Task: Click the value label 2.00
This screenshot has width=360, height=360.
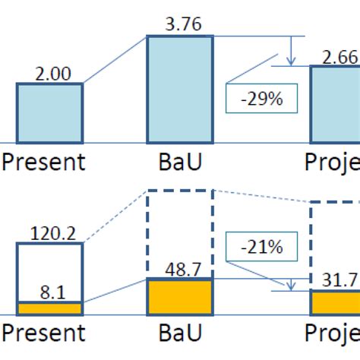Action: [49, 74]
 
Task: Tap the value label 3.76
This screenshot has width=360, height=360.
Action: [180, 25]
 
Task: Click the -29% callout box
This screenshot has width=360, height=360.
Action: [261, 97]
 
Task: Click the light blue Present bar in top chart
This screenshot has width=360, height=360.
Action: [49, 113]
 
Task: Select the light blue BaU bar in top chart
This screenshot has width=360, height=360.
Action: [180, 89]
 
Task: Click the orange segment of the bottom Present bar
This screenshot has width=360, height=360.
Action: [49, 308]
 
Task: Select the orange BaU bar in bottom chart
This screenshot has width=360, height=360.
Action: [180, 296]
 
